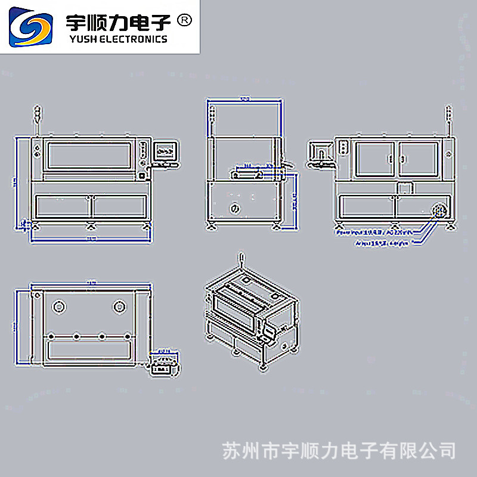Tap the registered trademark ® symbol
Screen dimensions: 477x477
185,21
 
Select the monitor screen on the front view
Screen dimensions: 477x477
166,151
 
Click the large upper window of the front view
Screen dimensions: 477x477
89,154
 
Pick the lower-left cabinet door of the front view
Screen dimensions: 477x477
63,206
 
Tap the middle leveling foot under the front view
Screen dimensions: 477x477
91,225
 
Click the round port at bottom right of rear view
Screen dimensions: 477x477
439,210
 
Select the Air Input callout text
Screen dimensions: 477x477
382,243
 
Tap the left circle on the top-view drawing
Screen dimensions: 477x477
58,306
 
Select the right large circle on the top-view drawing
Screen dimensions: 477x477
119,306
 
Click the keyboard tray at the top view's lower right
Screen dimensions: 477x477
163,364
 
